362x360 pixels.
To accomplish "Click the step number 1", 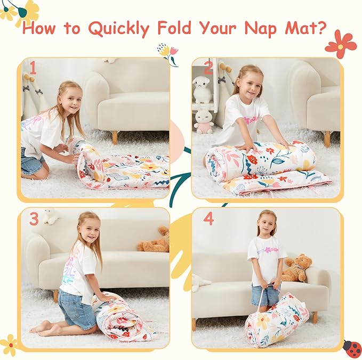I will coord(33,68).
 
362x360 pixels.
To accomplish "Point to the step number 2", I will coord(208,68).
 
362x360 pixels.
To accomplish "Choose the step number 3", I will coord(34,218).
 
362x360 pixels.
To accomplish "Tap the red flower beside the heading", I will coord(341,44).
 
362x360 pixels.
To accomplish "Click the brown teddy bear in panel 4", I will coord(297,268).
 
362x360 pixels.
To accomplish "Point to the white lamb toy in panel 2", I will coord(202,89).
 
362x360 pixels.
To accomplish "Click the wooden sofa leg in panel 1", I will coord(114,137).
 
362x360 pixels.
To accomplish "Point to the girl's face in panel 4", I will coord(268,224).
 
